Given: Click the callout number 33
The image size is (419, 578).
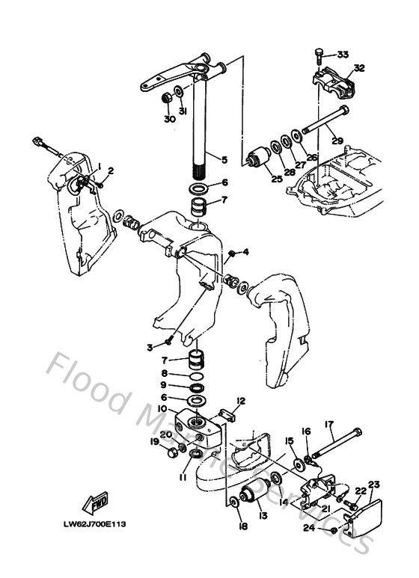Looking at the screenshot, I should click(343, 55).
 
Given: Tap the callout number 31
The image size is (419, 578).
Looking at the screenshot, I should click(182, 111).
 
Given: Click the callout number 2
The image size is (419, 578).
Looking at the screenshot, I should click(110, 171).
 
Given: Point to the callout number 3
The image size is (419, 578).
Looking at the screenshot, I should click(150, 347).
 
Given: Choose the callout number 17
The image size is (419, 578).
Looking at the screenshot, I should click(328, 425).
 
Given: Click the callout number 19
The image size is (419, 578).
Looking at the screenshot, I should click(154, 442).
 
